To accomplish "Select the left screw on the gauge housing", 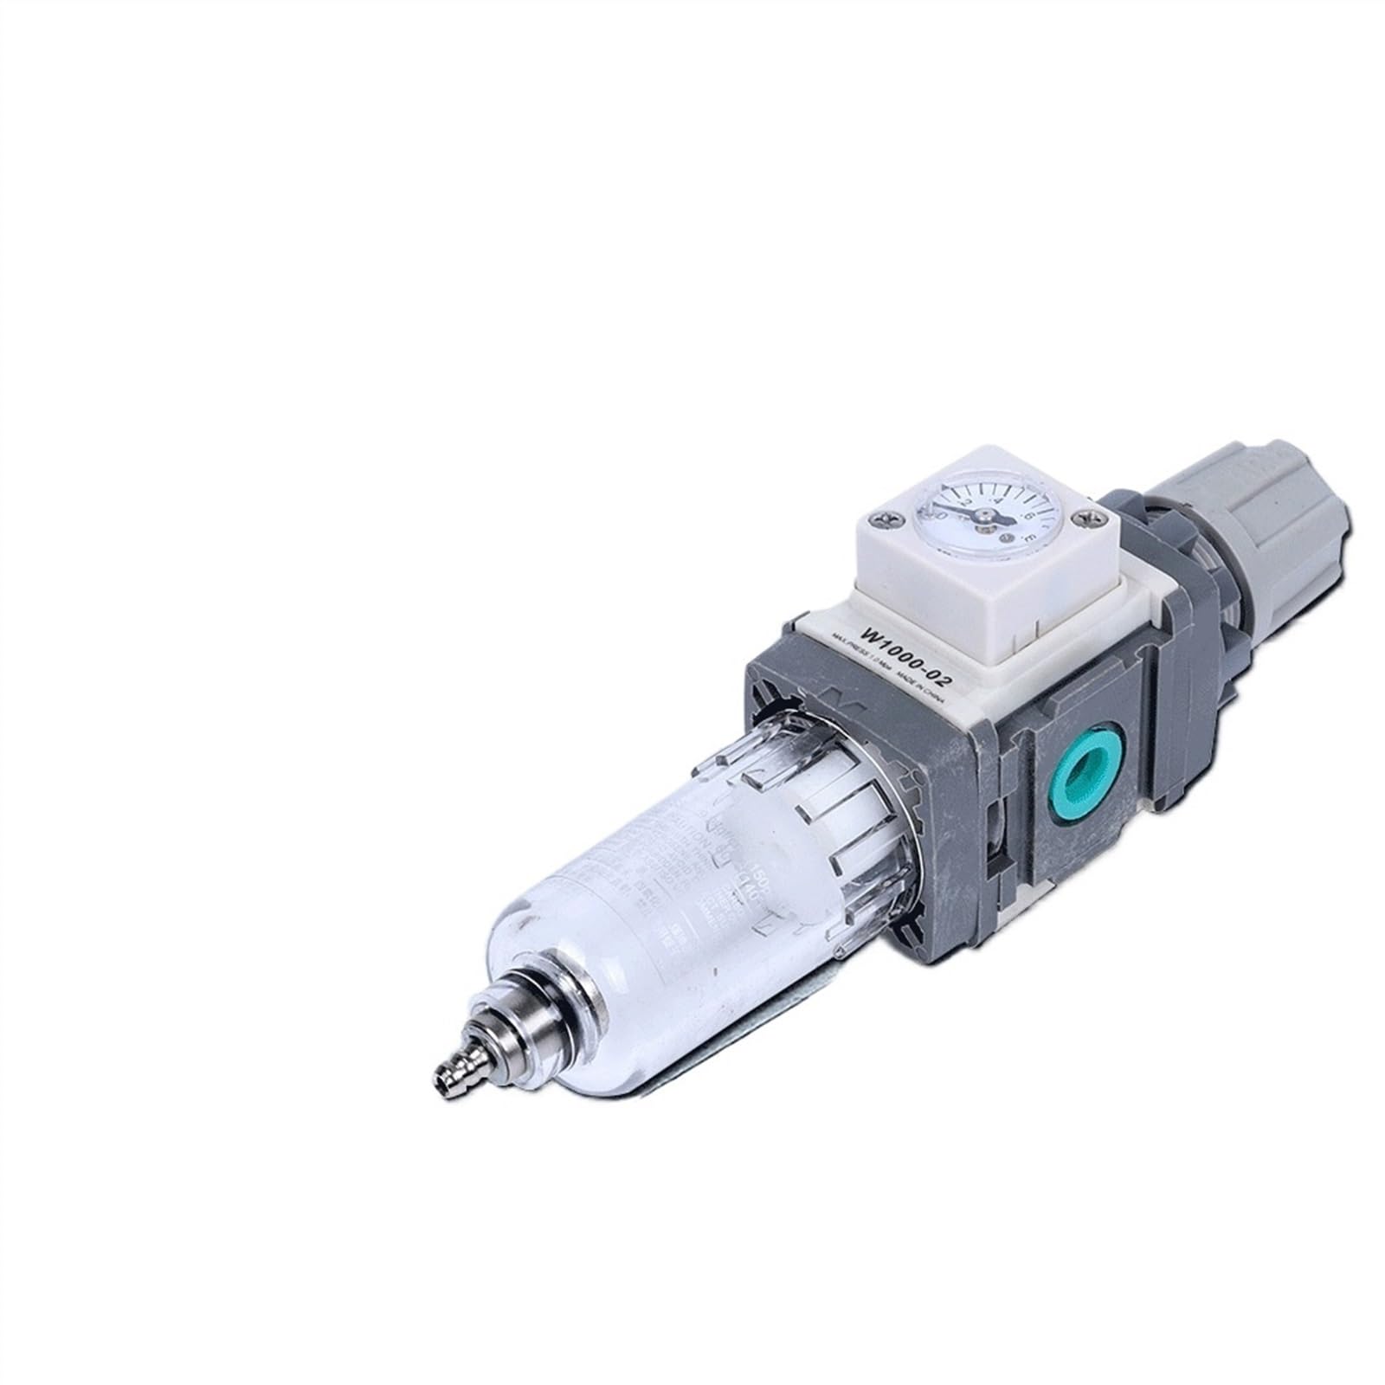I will pos(886,519).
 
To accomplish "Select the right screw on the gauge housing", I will pos(1087,518).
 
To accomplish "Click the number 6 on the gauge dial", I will pos(1029,517).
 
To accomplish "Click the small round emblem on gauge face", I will pos(1006,538).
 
